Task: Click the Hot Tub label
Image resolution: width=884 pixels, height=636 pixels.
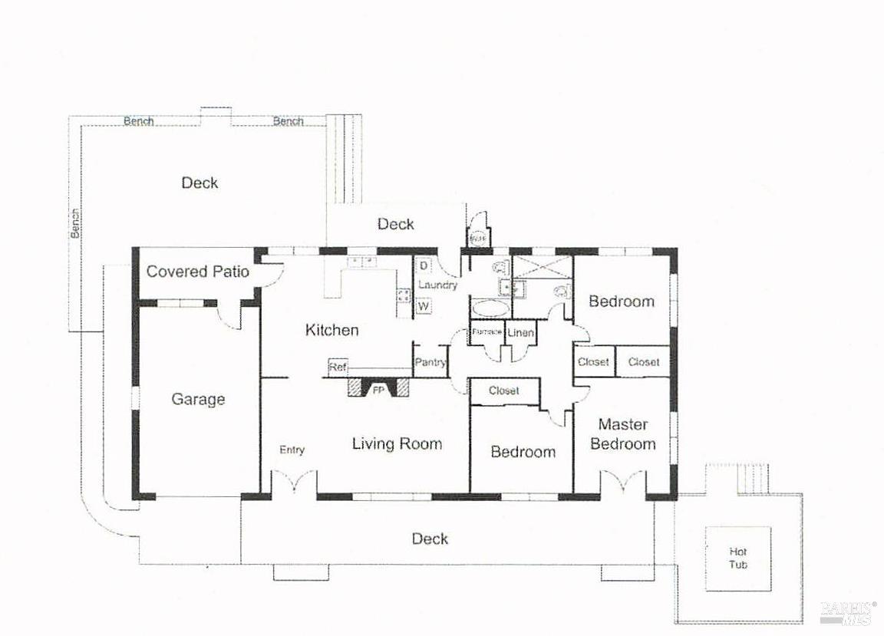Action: [737, 558]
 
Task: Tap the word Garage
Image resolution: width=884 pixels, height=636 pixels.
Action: [198, 399]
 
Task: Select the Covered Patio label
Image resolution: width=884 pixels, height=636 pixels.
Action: [198, 272]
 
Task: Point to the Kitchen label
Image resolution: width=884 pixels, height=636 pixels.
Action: [331, 330]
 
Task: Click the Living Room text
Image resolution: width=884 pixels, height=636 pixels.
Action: [397, 443]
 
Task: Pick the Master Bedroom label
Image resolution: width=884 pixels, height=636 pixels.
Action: [623, 434]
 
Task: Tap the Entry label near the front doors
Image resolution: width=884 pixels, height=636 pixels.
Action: [292, 450]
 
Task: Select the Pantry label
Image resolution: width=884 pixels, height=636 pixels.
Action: [430, 362]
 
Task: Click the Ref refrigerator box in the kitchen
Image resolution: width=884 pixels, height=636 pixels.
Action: [338, 367]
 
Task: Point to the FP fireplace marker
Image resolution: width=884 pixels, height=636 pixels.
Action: [378, 390]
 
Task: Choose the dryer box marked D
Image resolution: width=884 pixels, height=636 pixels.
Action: [424, 265]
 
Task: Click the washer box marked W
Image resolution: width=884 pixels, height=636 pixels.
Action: [424, 306]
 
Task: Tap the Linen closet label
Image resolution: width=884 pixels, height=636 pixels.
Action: [521, 333]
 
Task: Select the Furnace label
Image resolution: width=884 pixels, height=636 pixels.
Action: [487, 332]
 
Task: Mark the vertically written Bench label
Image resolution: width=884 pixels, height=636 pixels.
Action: [75, 223]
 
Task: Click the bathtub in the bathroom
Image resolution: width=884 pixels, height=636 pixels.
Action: [490, 308]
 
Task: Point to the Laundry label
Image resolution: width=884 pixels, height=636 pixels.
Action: [437, 285]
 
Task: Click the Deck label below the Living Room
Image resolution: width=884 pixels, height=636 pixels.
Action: [430, 539]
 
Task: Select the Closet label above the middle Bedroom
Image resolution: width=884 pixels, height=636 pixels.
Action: [503, 391]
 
